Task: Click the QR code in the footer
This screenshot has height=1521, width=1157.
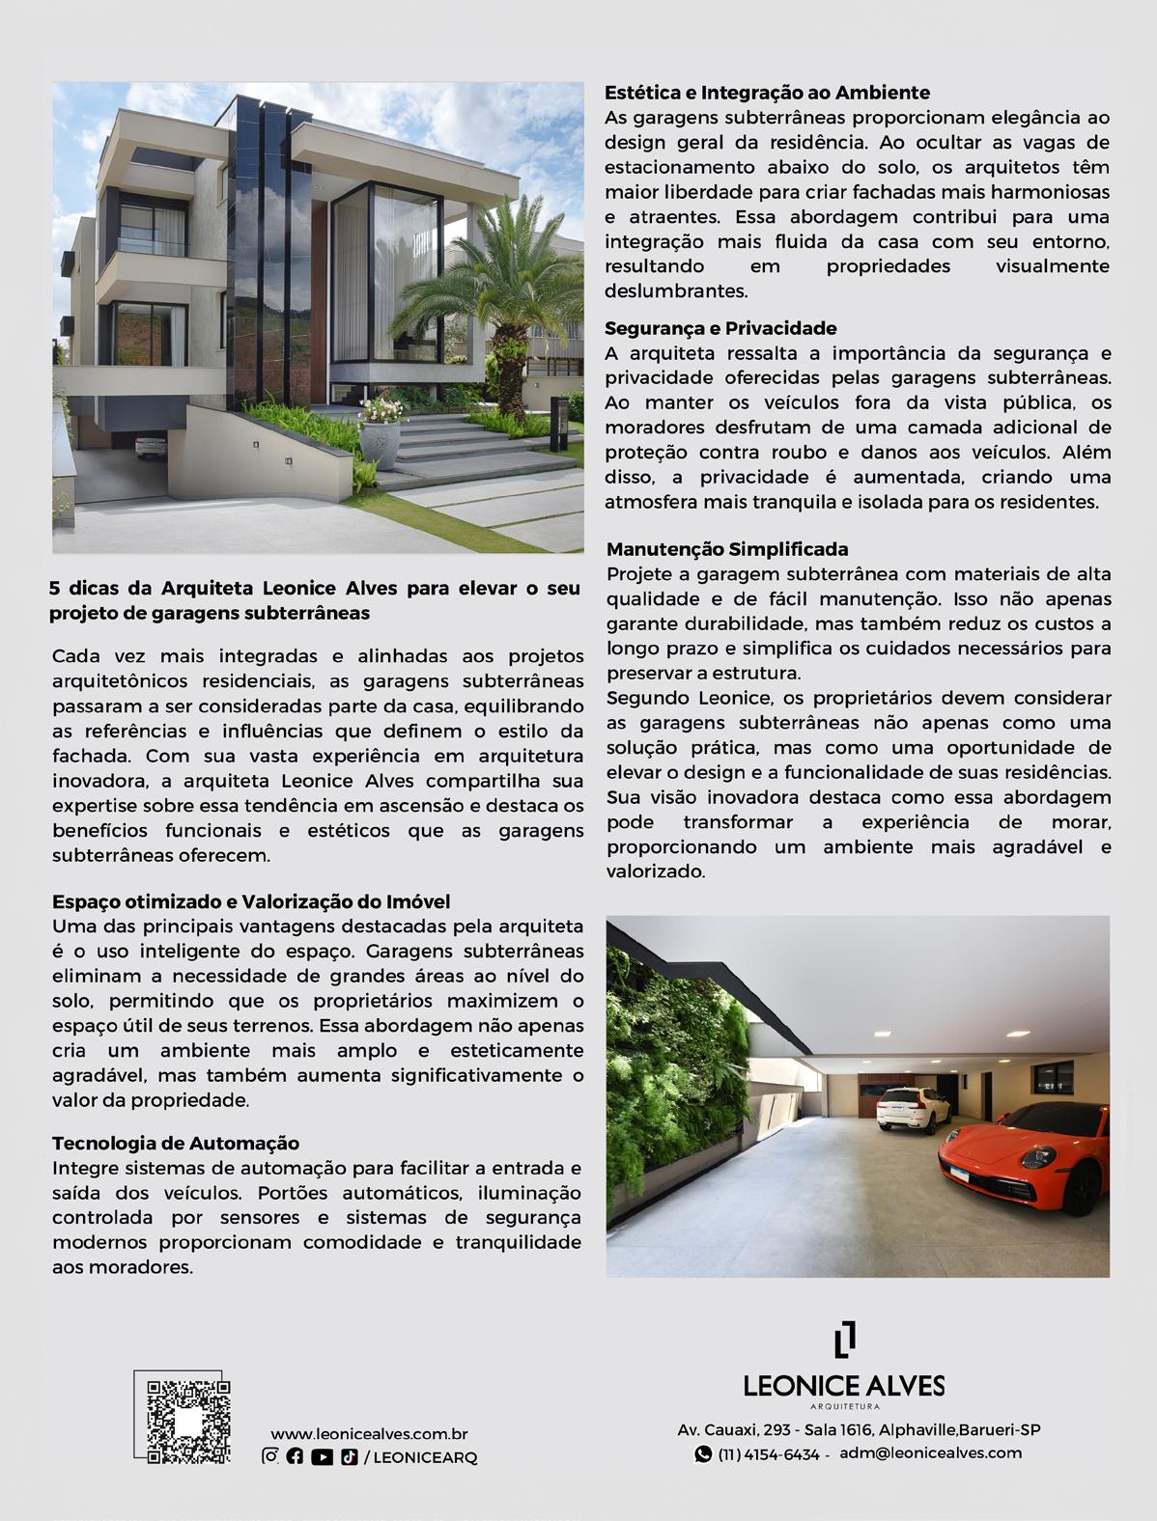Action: point(188,1423)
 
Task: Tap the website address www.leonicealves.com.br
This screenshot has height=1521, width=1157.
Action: point(369,1435)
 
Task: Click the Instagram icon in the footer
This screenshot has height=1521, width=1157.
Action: point(270,1457)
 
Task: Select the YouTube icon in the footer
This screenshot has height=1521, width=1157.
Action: point(322,1457)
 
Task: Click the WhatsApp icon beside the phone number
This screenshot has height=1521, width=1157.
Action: point(703,1454)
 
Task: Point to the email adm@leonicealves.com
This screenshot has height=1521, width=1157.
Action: point(930,1452)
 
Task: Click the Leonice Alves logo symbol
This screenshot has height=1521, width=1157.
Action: point(844,1340)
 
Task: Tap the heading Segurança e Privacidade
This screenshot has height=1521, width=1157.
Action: point(720,328)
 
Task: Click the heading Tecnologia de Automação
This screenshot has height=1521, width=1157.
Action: point(176,1143)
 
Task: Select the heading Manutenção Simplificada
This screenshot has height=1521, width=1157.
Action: point(727,549)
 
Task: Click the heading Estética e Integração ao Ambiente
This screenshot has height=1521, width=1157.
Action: point(767,93)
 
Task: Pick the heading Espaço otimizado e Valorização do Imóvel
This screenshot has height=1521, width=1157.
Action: point(251,901)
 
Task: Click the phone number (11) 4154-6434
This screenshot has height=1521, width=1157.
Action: point(769,1454)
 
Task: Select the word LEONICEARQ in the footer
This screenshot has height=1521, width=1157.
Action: point(425,1457)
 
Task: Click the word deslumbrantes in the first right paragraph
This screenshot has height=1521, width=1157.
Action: point(676,290)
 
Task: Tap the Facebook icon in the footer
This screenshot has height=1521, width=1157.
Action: point(296,1457)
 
